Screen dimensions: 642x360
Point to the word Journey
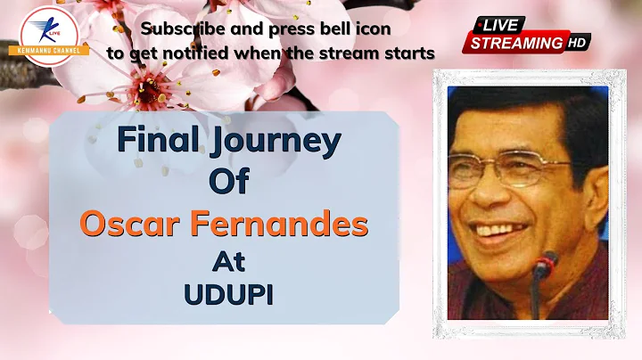coord(276,142)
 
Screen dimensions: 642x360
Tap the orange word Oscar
coord(130,224)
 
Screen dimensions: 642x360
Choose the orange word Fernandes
coord(279,224)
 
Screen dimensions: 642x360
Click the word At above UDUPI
coord(228,261)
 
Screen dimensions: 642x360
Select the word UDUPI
coord(228,295)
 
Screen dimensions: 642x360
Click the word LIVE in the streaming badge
coord(500,26)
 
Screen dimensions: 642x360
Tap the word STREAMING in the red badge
coord(516,43)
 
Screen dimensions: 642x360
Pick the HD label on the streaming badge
coord(577,43)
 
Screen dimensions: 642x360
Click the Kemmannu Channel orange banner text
coord(49,51)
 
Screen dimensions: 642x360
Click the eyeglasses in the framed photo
coord(507,168)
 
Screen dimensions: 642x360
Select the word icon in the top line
coord(377,29)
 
